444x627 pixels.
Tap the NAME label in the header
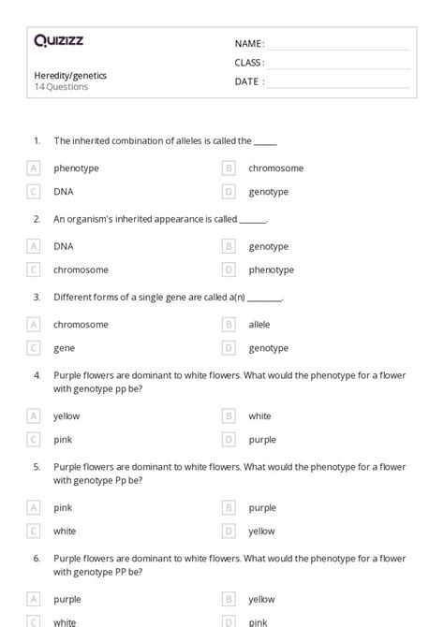tap(248, 43)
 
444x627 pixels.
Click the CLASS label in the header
tap(249, 63)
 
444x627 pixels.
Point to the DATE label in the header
tap(248, 81)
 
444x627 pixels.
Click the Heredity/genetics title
tap(69, 75)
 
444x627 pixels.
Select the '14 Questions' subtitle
tap(61, 87)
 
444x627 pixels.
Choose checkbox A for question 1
tap(34, 168)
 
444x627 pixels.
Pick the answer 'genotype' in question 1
tap(268, 192)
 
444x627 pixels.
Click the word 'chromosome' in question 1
tap(275, 168)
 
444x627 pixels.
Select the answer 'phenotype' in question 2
tap(271, 270)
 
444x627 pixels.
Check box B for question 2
tap(228, 246)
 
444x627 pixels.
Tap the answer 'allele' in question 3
tap(259, 325)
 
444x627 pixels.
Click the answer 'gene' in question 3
tap(64, 348)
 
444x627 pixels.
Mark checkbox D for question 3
tap(228, 348)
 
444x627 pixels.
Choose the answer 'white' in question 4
tap(259, 416)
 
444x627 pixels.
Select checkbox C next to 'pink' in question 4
tap(34, 439)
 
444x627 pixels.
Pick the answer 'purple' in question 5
tap(262, 507)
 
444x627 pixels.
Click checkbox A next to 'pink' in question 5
tap(34, 507)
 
